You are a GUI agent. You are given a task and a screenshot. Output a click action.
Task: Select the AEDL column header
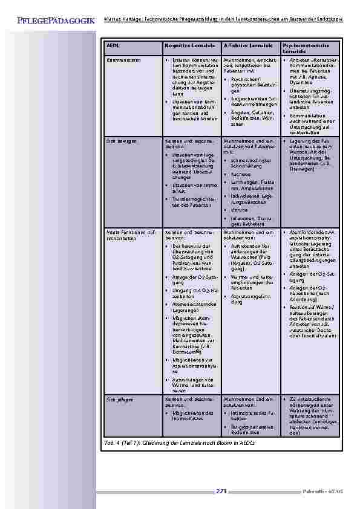(x=113, y=46)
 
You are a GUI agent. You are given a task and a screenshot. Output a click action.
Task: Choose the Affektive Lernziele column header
(x=247, y=46)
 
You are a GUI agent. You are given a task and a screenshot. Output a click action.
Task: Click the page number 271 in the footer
(x=221, y=491)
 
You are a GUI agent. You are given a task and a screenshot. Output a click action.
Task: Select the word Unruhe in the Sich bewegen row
(x=237, y=210)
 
